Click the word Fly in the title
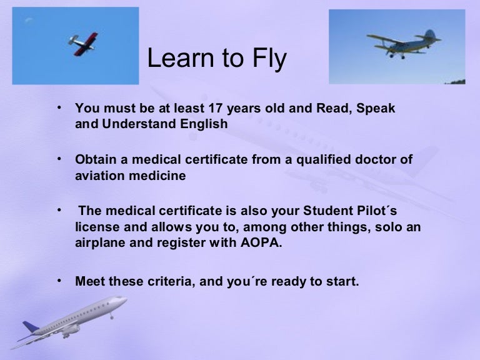pos(269,58)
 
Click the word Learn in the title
pos(180,57)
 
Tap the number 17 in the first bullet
pos(216,108)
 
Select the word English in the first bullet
pos(204,124)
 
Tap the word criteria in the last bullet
pos(171,281)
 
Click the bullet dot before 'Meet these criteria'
pos(59,280)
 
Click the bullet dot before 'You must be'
pos(59,107)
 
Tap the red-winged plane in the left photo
pos(82,44)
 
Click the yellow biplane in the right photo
pos(404,44)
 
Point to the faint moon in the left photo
pos(29,20)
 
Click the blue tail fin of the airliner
pos(30,326)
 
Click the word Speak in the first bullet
pos(376,109)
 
